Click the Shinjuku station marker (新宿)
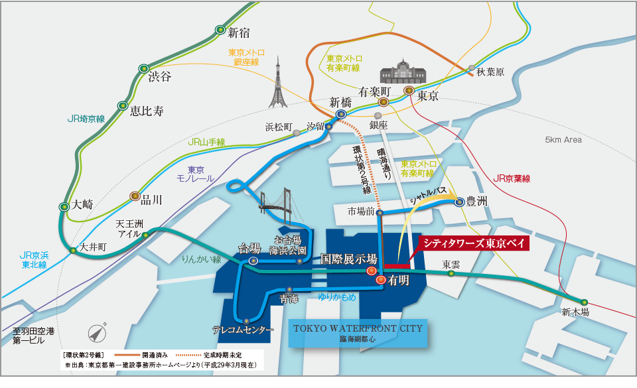coord(220,30)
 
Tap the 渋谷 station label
coord(160,76)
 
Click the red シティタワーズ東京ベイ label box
coord(475,243)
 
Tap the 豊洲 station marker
coord(459,202)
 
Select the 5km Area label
coord(563,140)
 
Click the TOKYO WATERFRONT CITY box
coord(356,333)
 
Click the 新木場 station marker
coord(585,302)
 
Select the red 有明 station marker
coord(380,281)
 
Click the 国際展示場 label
coord(348,258)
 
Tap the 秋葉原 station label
coord(490,72)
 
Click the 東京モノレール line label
coord(195,174)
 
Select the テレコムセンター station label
coord(243,330)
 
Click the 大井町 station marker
coord(73,251)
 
